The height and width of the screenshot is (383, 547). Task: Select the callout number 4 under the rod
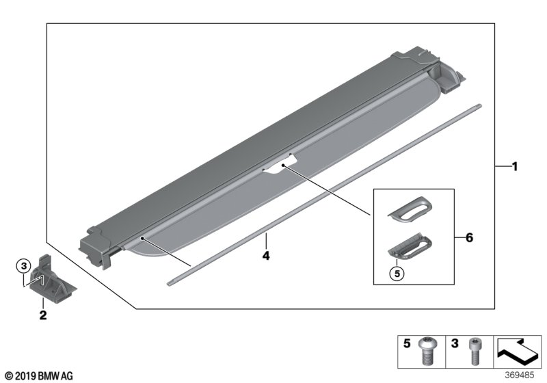pyautogui.click(x=267, y=257)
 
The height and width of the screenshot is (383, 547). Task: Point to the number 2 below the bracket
pyautogui.click(x=42, y=315)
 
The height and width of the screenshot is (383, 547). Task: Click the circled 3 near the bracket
pyautogui.click(x=23, y=265)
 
